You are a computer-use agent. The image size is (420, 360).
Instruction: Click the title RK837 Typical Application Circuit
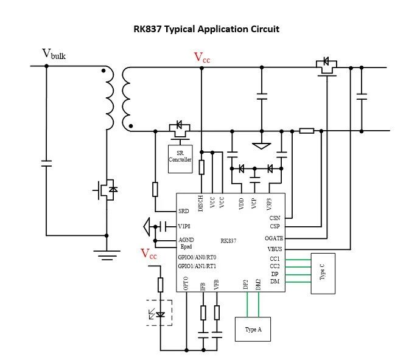[206, 29]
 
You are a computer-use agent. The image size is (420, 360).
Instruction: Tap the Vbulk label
[54, 55]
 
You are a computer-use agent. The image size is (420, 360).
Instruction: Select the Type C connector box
[323, 274]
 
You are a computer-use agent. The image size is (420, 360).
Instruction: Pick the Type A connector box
[253, 328]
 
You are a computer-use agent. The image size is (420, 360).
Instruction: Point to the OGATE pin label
[274, 238]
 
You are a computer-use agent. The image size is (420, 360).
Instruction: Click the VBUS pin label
[276, 248]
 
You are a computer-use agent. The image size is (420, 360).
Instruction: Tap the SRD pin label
[184, 211]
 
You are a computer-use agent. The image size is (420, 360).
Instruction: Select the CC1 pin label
[275, 258]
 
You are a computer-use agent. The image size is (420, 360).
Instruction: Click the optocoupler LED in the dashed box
[160, 314]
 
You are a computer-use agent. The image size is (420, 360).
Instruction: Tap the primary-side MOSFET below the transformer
[105, 190]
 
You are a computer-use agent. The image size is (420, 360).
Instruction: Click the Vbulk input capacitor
[46, 163]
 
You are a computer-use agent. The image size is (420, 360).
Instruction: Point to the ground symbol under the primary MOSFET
[108, 254]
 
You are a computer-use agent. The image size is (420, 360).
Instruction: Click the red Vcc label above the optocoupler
[149, 254]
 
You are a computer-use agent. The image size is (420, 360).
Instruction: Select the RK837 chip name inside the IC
[228, 241]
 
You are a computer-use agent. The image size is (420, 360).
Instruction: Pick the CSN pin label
[275, 217]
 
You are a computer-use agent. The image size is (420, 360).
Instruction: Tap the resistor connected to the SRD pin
[155, 189]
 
